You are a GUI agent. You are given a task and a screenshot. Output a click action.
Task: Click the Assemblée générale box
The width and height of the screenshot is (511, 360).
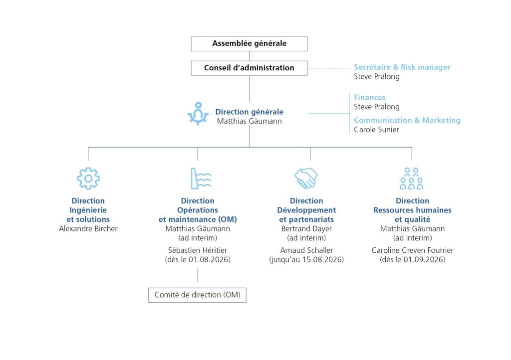click(250, 43)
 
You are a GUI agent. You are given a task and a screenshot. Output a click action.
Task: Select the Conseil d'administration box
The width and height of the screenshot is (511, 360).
click(250, 68)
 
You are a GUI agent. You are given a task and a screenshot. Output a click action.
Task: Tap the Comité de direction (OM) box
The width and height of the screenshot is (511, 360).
click(197, 295)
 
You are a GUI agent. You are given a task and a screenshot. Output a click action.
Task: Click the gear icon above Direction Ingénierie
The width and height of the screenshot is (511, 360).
click(88, 179)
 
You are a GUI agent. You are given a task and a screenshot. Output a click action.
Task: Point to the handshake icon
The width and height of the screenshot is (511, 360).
click(306, 178)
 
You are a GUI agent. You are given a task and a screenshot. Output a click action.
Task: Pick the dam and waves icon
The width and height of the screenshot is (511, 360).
click(201, 179)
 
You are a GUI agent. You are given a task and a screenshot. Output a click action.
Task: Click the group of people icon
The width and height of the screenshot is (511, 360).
click(411, 179)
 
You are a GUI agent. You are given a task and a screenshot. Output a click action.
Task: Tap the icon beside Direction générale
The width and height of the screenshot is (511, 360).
click(198, 114)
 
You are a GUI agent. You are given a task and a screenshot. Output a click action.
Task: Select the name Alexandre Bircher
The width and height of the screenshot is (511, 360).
click(88, 228)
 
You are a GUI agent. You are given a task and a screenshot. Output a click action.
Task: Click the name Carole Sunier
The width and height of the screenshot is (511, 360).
click(376, 130)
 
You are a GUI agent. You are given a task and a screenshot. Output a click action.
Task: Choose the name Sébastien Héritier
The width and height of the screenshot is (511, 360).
click(198, 250)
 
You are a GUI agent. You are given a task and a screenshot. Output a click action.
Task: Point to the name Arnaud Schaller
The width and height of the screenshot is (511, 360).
click(306, 250)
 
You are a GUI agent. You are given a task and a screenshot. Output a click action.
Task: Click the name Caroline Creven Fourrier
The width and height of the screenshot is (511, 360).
click(412, 250)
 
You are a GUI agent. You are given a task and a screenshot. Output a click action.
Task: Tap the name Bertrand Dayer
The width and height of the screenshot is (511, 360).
click(306, 228)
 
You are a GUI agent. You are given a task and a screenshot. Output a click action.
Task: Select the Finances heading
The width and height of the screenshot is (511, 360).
click(370, 97)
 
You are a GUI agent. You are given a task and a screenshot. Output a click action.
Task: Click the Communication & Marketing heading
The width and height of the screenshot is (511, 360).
click(407, 120)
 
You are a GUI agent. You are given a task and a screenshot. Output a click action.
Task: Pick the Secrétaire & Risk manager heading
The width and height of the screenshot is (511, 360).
click(402, 67)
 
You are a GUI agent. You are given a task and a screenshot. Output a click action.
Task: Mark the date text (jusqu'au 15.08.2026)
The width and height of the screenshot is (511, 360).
click(306, 259)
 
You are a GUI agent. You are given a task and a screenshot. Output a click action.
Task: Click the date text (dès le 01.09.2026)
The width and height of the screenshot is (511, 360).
click(412, 259)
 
